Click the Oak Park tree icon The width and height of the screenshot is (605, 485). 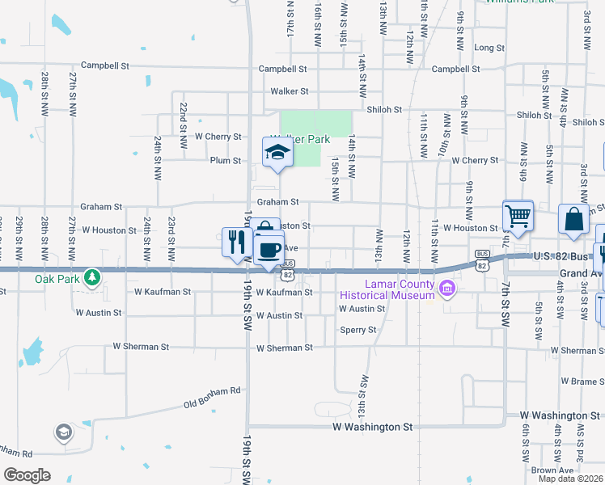tap(94, 277)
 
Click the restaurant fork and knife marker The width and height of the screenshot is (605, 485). tap(236, 242)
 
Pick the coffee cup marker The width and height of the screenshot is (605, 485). tap(269, 248)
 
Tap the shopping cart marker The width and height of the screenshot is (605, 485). tap(518, 216)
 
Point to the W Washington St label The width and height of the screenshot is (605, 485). tap(372, 426)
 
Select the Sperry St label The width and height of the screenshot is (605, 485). tap(358, 330)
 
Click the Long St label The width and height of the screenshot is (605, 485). tap(489, 48)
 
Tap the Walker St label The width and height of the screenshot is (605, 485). tap(290, 91)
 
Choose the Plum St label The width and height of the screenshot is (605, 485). tap(226, 161)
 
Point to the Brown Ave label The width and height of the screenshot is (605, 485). tap(552, 470)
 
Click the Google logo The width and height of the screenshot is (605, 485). tap(27, 475)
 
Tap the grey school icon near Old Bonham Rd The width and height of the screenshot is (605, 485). tap(63, 433)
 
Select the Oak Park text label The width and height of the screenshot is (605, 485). tap(54, 279)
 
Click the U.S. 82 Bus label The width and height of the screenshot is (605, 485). tap(563, 256)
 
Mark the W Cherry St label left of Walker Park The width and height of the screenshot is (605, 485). tap(218, 137)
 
